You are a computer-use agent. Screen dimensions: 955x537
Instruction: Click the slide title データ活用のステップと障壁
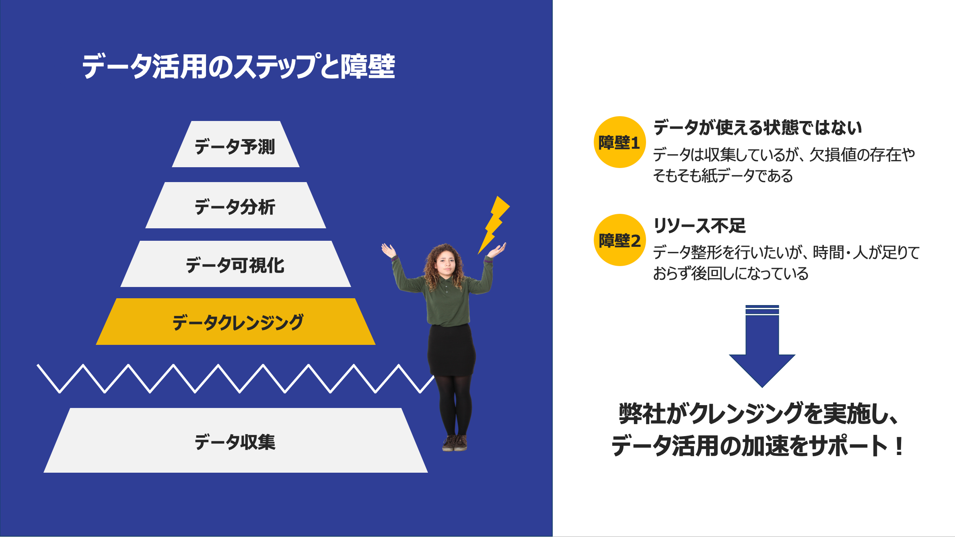pyautogui.click(x=238, y=66)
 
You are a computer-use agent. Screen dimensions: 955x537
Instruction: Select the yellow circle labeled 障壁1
pyautogui.click(x=620, y=142)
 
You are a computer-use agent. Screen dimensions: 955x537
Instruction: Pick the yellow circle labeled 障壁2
pyautogui.click(x=620, y=240)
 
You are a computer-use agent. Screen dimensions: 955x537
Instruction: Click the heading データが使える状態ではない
pyautogui.click(x=757, y=127)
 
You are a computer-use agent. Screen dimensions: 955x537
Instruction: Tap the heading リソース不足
pyautogui.click(x=700, y=225)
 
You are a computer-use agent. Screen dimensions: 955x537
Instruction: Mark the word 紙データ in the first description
pyautogui.click(x=728, y=176)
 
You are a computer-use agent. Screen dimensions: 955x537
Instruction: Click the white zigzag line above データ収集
pyautogui.click(x=233, y=379)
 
